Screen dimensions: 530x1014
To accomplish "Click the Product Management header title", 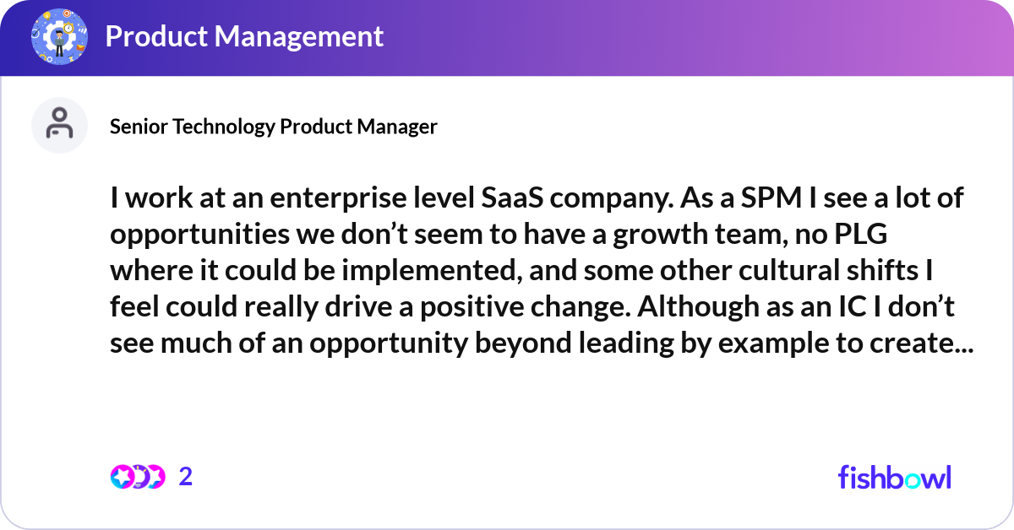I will pos(244,36).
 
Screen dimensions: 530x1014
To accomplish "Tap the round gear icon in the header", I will pos(59,36).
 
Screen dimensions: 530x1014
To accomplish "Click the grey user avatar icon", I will pos(59,126).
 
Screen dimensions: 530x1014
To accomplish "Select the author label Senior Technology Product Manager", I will pos(274,127).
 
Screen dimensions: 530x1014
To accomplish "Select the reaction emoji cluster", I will pos(137,477).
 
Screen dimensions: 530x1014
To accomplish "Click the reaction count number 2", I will pos(186,477).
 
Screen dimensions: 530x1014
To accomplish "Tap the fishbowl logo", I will pos(894,477).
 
